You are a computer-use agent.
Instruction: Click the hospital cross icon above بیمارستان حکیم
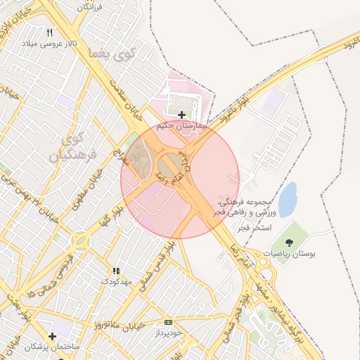[x=182, y=115]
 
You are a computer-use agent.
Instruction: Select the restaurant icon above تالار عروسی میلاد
[x=49, y=32]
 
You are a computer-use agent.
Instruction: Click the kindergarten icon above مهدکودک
[x=116, y=271]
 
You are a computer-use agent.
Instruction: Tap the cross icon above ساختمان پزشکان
[x=52, y=336]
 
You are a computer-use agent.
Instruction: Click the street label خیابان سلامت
[x=127, y=100]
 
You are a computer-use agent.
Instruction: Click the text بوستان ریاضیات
[x=290, y=253]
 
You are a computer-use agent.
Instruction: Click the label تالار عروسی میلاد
[x=49, y=44]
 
